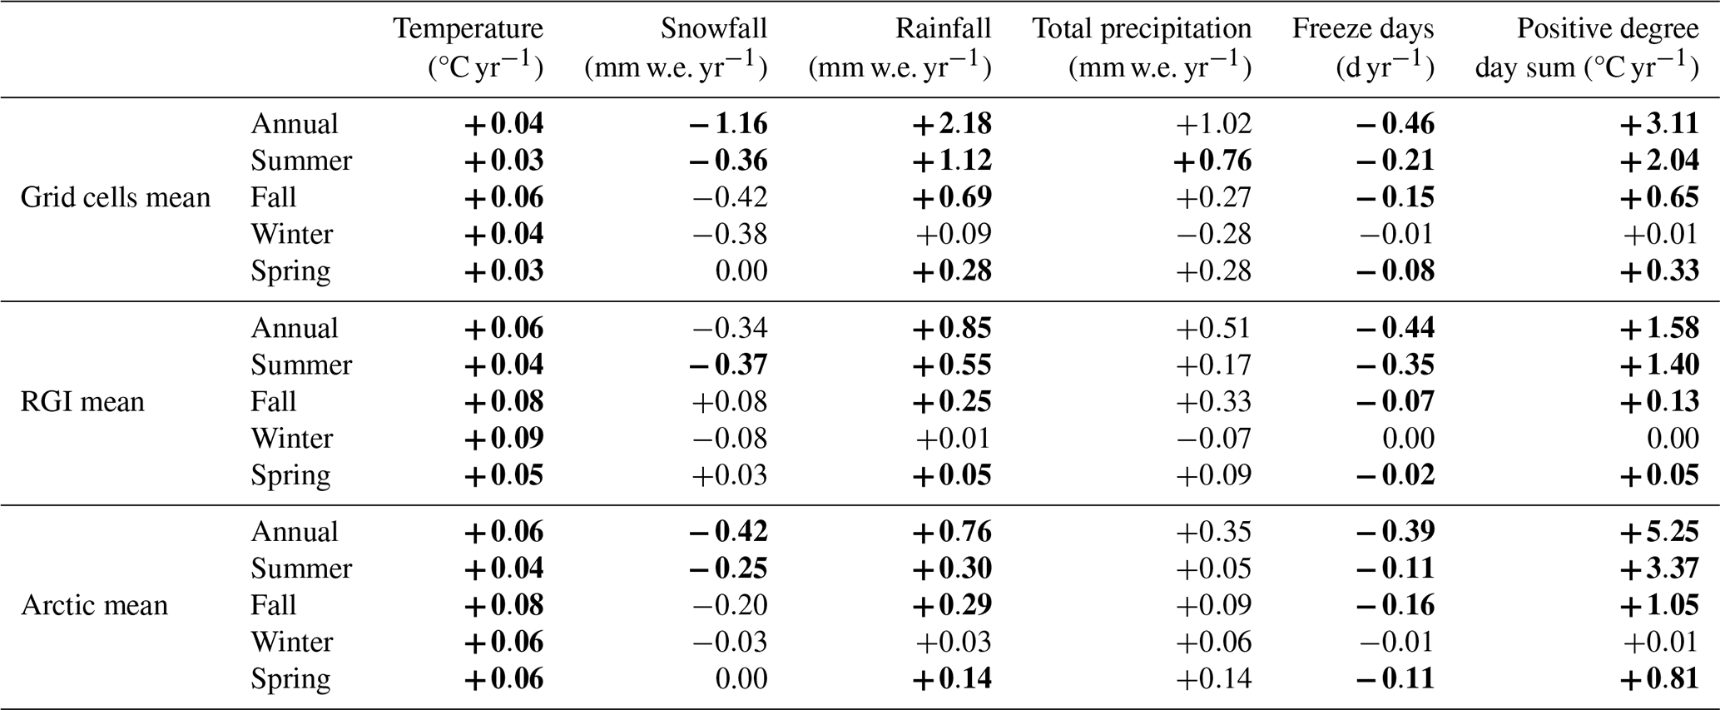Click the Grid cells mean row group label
(x=115, y=197)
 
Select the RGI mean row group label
(x=82, y=401)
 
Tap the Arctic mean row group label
(x=94, y=605)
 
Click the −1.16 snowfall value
(x=728, y=124)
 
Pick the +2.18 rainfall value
(x=952, y=124)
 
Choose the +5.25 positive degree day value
(x=1658, y=532)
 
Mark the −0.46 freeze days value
(x=1395, y=124)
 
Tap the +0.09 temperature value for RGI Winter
(x=504, y=438)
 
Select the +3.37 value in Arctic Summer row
(x=1658, y=568)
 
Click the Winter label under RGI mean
(x=291, y=438)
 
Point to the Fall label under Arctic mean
(x=273, y=605)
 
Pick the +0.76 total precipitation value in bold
(x=1212, y=161)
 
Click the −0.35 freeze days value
(x=1395, y=365)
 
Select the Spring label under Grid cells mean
(x=290, y=271)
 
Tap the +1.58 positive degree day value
(x=1658, y=328)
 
